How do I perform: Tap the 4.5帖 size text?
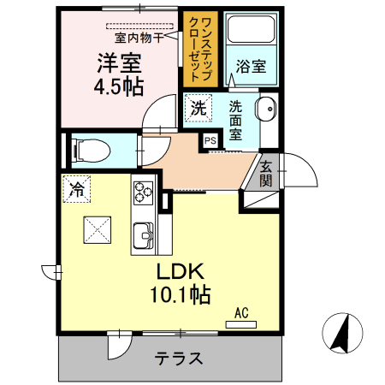tap(118, 86)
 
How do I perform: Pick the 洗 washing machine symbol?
tap(198, 108)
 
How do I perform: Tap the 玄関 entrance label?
tap(267, 174)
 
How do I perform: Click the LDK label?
tap(179, 272)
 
